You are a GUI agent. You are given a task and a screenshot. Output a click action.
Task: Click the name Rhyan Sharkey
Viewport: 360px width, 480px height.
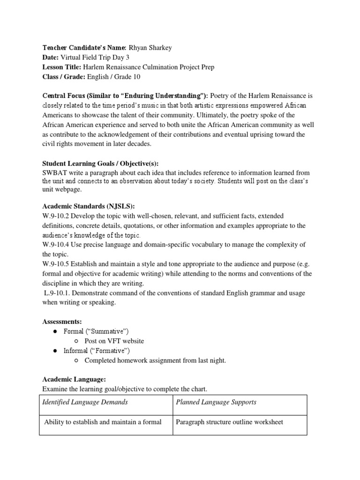coord(150,47)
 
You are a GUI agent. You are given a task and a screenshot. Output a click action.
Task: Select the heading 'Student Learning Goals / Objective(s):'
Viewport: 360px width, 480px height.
coord(100,164)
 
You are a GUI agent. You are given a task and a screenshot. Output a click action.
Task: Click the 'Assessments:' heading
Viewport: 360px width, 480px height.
coord(62,322)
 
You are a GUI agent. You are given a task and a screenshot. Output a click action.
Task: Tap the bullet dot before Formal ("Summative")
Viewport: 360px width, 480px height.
coord(55,332)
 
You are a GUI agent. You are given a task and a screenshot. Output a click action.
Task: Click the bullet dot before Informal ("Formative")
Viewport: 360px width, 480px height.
coord(55,351)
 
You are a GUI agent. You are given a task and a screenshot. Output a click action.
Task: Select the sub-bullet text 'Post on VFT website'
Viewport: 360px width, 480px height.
coord(114,341)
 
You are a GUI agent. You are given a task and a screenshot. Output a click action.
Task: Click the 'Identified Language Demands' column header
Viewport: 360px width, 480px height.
coord(85,402)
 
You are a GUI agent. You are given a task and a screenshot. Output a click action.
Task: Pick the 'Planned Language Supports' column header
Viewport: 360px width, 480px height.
coord(216,402)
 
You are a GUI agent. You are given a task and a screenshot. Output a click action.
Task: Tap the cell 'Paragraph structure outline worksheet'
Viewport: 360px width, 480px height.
coord(229,422)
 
